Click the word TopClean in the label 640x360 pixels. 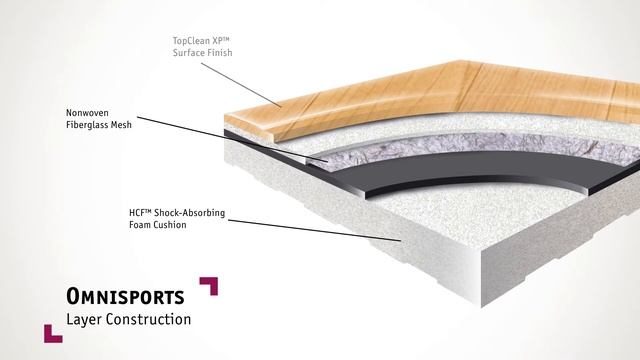(x=191, y=41)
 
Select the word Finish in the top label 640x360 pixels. (x=219, y=53)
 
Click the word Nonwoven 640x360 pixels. (x=87, y=113)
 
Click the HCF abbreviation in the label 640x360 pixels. (x=138, y=213)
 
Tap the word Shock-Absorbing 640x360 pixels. (x=189, y=213)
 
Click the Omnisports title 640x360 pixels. (x=125, y=296)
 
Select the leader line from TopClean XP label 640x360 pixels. (x=241, y=85)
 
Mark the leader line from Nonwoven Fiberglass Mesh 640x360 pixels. (x=232, y=140)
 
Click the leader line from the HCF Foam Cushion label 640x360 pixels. (x=314, y=231)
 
